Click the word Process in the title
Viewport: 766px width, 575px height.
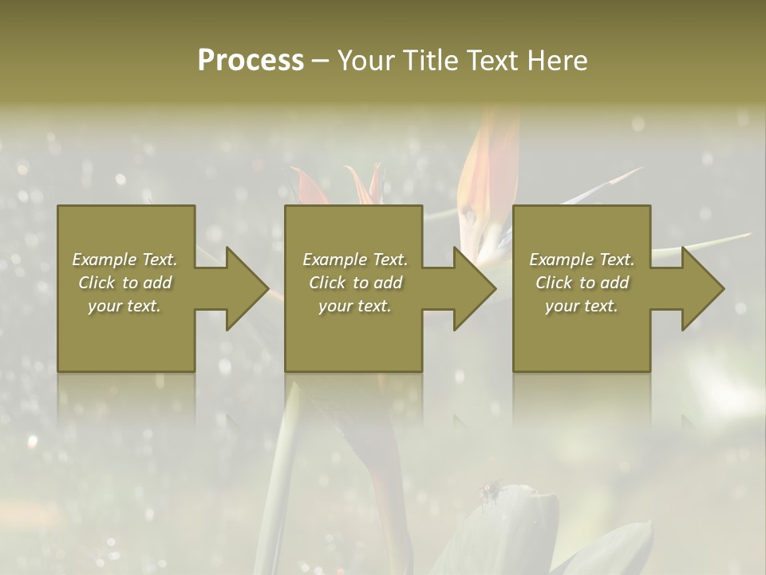tap(251, 61)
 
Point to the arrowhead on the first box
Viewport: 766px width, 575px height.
tap(243, 288)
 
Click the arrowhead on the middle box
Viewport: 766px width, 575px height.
tap(472, 288)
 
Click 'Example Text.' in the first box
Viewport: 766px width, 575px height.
tap(124, 260)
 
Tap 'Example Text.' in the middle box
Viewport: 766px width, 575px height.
tap(355, 260)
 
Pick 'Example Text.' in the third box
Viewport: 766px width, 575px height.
tap(582, 260)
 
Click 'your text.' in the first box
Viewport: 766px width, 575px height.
tap(124, 306)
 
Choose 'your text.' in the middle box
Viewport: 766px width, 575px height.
tap(355, 306)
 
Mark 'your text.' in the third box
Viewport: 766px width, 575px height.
tap(582, 306)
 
